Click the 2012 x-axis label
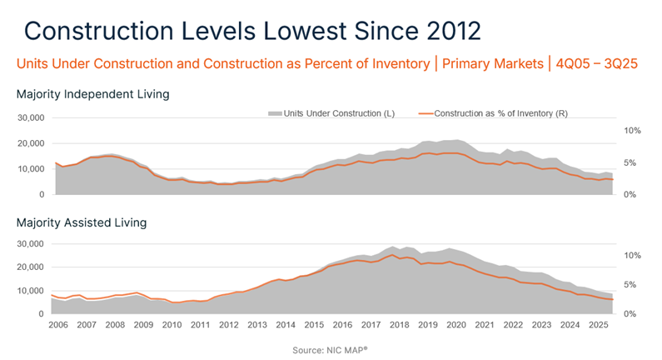point(229,325)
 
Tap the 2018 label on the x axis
point(399,325)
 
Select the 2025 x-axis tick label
point(598,325)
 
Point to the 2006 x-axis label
point(58,325)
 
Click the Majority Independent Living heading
point(93,94)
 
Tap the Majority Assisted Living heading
point(82,222)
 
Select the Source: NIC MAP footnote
point(331,351)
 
